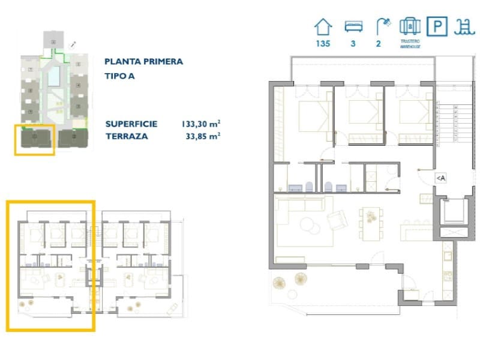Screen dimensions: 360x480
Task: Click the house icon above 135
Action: click(x=323, y=26)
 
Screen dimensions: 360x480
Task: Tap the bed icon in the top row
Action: click(x=353, y=26)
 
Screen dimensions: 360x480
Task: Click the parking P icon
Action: click(x=437, y=26)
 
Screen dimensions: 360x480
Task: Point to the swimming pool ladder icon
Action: click(x=463, y=26)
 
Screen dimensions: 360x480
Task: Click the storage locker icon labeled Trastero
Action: click(x=410, y=26)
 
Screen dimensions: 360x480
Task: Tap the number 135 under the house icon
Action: click(x=323, y=43)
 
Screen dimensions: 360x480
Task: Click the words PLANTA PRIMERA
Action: click(x=143, y=61)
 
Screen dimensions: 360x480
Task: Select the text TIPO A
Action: click(x=120, y=76)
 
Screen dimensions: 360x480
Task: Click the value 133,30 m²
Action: click(x=200, y=124)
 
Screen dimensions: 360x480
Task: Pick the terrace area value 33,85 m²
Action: click(x=203, y=136)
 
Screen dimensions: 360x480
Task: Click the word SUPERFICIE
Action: click(x=131, y=124)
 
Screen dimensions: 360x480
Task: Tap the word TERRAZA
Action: click(x=126, y=136)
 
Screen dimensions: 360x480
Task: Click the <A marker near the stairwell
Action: click(x=440, y=178)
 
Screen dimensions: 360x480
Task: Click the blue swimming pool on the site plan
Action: click(x=54, y=77)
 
